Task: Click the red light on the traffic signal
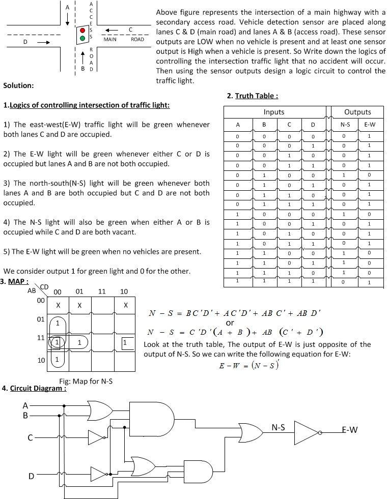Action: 82,31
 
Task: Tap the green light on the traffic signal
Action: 82,39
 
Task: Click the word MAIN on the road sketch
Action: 110,39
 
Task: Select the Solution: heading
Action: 18,85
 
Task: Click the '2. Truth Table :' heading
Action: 253,96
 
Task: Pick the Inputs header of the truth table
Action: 274,112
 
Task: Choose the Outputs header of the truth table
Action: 357,112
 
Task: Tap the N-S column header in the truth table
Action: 345,125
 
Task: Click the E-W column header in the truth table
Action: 370,125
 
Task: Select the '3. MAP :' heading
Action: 15,282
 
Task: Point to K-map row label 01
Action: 40,319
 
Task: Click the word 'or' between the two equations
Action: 230,323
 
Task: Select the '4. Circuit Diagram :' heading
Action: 34,388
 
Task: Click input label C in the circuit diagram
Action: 31,437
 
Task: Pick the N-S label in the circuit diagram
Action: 278,428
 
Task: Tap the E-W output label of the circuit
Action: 349,430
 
